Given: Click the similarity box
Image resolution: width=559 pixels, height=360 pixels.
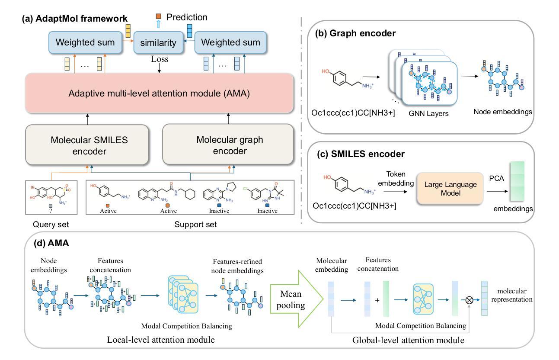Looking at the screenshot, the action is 158,42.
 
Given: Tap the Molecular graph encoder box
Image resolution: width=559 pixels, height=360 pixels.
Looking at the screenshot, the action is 228,145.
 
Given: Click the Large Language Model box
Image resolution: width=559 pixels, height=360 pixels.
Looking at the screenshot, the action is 450,189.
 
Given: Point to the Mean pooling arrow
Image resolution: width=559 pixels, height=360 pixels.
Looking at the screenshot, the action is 297,299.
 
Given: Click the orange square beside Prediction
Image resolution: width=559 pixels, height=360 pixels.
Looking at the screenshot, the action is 159,16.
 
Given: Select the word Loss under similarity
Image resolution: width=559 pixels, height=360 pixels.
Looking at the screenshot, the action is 160,59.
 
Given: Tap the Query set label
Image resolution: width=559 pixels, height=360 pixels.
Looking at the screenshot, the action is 51,224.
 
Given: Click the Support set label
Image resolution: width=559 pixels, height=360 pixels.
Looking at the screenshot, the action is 195,224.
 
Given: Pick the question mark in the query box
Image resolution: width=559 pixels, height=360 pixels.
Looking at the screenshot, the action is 51,211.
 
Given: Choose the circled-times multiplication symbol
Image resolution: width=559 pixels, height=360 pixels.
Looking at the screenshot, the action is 469,300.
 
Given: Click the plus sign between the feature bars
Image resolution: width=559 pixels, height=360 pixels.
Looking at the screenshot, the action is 377,300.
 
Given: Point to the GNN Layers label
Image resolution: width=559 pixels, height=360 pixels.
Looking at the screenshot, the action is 428,114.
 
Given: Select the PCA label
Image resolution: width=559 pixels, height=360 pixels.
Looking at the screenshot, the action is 496,178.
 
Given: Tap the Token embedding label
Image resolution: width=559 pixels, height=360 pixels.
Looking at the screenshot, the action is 396,179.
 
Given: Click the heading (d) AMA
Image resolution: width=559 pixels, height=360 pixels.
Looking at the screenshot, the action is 51,243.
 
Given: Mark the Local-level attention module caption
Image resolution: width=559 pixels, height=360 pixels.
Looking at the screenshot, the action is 161,340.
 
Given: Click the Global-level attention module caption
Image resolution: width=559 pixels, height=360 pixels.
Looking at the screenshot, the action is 408,340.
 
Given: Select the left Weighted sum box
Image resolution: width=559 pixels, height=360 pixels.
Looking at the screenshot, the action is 85,42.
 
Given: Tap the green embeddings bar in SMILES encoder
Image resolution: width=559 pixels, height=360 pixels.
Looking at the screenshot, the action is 517,181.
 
